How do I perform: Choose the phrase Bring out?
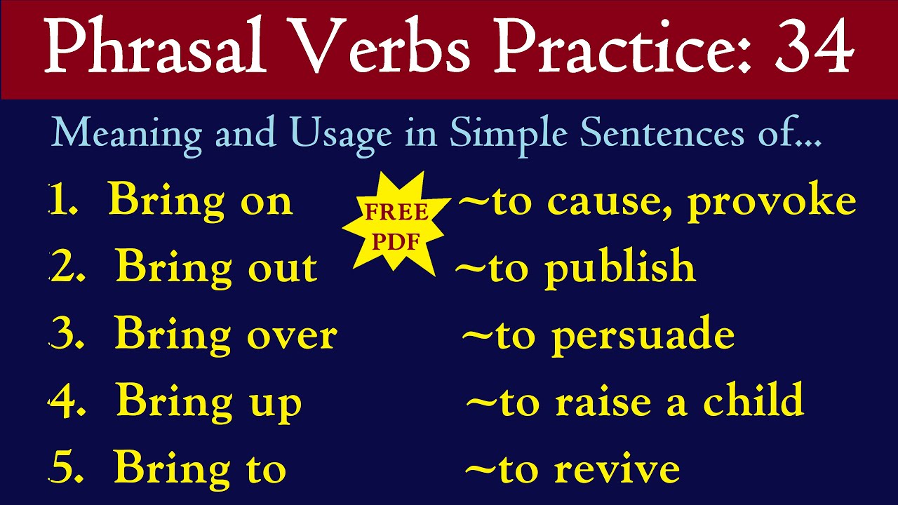[x=216, y=268]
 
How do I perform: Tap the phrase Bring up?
[x=208, y=403]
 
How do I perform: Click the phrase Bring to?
[x=200, y=468]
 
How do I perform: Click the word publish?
[x=619, y=269]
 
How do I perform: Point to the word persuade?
[x=643, y=336]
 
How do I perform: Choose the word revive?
[x=617, y=469]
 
